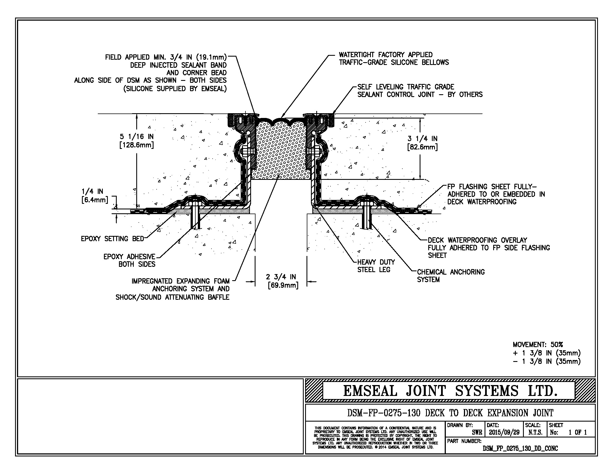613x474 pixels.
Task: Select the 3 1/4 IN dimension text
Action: (422, 143)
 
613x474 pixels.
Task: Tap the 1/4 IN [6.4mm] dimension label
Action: (95, 196)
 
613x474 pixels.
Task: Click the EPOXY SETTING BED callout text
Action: (112, 239)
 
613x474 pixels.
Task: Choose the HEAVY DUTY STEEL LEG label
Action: (376, 266)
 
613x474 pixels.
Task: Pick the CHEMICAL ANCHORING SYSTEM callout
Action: (451, 275)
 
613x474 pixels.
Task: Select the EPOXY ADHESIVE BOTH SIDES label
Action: (129, 260)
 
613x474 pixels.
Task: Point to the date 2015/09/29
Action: (504, 432)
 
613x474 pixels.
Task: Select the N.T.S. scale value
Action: (535, 432)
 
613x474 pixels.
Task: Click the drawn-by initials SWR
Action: (477, 432)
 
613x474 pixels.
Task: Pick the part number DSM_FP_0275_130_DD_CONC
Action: (520, 448)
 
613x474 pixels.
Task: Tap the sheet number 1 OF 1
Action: (578, 432)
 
